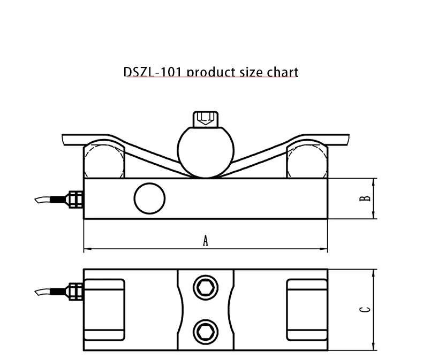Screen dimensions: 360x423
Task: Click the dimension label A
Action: (x=205, y=241)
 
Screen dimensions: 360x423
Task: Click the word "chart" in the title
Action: (x=282, y=71)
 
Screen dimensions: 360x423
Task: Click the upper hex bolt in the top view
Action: (x=205, y=289)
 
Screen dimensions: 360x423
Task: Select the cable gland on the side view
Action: (x=72, y=198)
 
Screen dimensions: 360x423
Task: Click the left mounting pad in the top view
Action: (x=105, y=310)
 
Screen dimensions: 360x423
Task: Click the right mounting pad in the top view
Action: (x=307, y=310)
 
